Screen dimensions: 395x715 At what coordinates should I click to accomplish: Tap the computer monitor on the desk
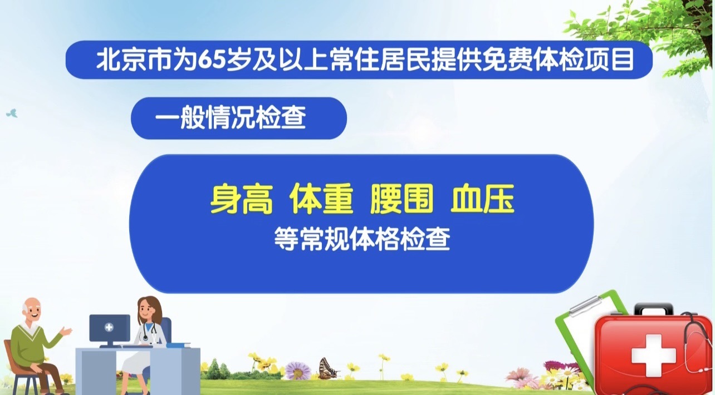(110, 328)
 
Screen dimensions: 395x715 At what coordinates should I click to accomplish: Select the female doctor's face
(149, 308)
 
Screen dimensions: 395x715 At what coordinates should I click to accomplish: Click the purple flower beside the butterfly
(298, 370)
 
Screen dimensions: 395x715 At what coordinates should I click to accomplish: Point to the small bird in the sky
(12, 113)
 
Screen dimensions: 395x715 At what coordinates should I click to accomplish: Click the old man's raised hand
(67, 332)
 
